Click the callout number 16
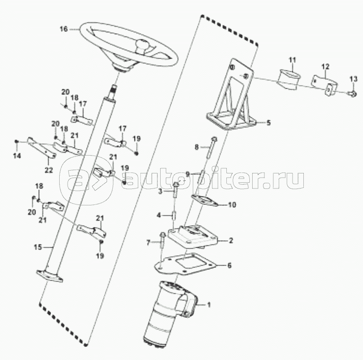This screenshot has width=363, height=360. [63, 29]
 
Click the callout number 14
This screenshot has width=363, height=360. [17, 156]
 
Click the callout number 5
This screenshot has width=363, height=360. [269, 123]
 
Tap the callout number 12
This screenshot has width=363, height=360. [325, 66]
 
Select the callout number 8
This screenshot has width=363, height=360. [197, 147]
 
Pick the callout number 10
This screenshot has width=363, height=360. [232, 205]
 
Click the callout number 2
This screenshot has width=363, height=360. [231, 240]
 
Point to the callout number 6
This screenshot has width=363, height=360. [229, 266]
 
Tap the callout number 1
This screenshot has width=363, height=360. [209, 305]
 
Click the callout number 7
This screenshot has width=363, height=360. [148, 243]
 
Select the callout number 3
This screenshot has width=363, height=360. [160, 191]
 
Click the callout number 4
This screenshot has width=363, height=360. [159, 215]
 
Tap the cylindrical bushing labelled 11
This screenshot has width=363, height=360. [290, 78]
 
